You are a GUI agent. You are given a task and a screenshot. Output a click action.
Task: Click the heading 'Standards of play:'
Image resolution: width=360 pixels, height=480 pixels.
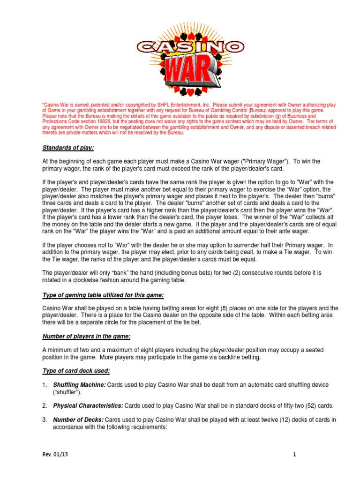point(68,148)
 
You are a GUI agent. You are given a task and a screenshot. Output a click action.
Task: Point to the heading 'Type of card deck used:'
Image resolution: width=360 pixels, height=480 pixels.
point(76,371)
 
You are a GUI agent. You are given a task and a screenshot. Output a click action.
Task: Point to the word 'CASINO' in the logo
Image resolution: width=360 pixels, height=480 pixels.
point(190,46)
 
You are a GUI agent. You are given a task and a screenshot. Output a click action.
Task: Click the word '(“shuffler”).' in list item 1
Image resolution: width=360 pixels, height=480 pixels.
point(67,392)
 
